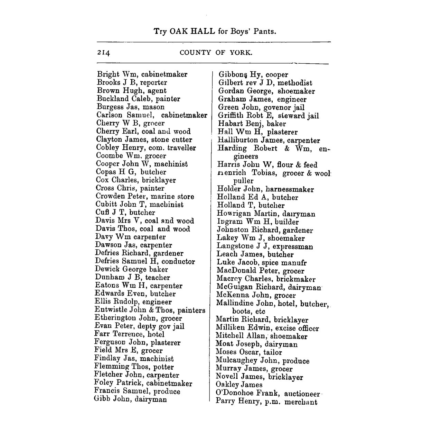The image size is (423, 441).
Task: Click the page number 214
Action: (x=103, y=53)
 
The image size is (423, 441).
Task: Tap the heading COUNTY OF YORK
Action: (x=216, y=53)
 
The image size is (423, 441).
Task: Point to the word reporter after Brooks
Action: (x=153, y=82)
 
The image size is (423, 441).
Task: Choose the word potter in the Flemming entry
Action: (x=163, y=367)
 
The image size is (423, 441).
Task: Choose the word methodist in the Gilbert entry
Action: (x=295, y=83)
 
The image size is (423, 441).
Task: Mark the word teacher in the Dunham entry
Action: (x=158, y=278)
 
